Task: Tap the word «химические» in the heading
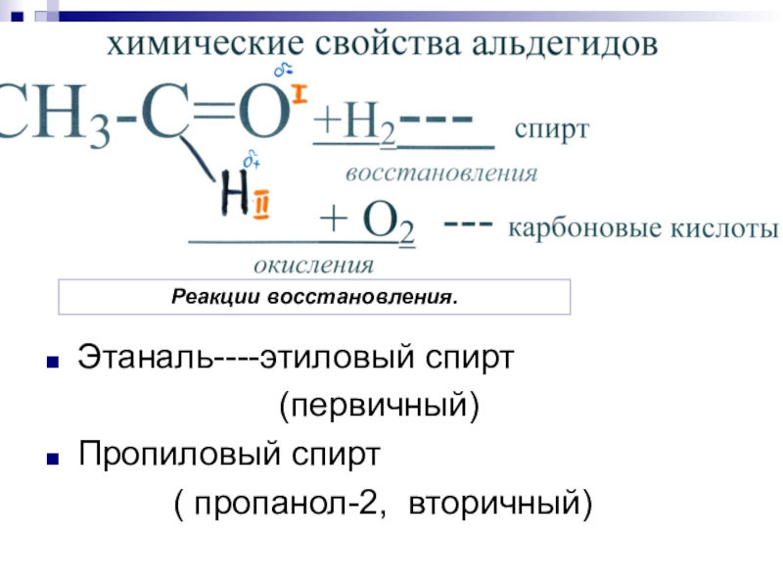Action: tap(203, 44)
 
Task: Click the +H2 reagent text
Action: tap(354, 127)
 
